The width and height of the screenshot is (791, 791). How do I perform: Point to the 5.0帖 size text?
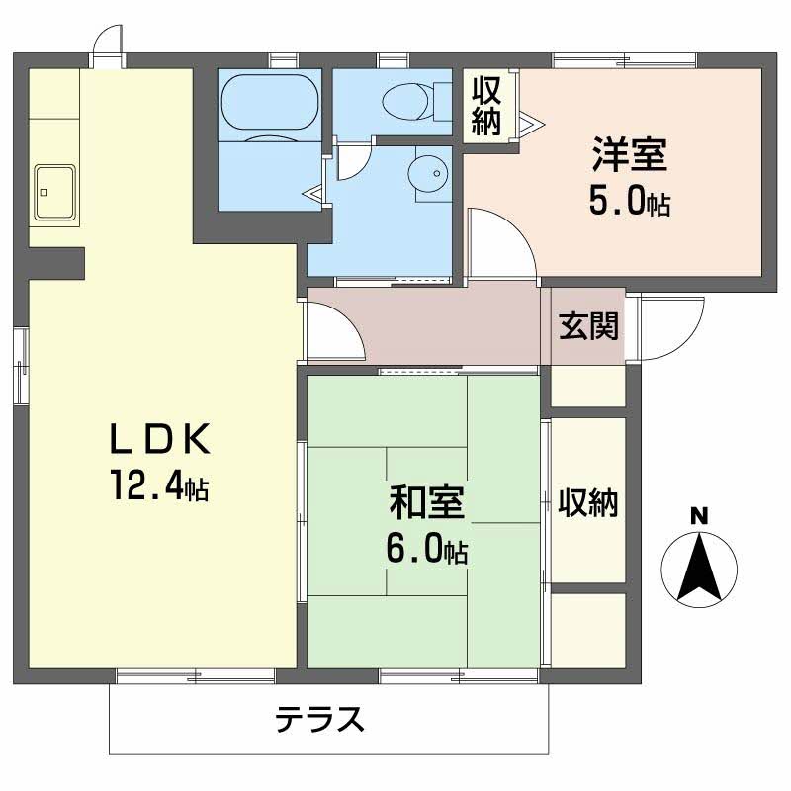pyautogui.click(x=629, y=203)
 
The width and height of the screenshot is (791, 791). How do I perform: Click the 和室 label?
pyautogui.click(x=426, y=503)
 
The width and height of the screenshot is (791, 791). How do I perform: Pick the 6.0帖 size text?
pyautogui.click(x=426, y=549)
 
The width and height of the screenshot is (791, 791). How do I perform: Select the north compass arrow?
pyautogui.click(x=699, y=568)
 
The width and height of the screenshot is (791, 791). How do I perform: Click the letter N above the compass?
pyautogui.click(x=699, y=514)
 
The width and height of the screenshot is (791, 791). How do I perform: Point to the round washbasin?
pyautogui.click(x=428, y=173)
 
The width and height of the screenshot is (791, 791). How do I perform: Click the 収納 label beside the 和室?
pyautogui.click(x=586, y=503)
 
